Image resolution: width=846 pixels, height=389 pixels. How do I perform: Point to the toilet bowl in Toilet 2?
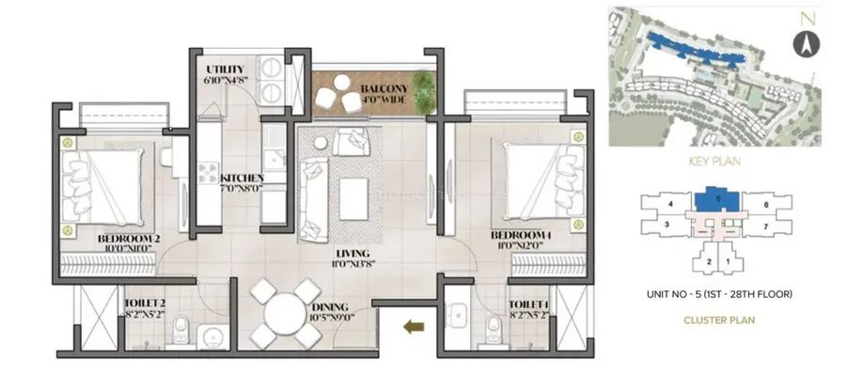tap(187, 330)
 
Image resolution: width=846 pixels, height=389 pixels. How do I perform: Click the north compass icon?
tap(804, 43)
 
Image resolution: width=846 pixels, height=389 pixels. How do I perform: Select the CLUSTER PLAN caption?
tap(718, 319)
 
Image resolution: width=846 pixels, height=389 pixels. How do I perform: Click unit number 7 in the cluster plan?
tap(766, 226)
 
